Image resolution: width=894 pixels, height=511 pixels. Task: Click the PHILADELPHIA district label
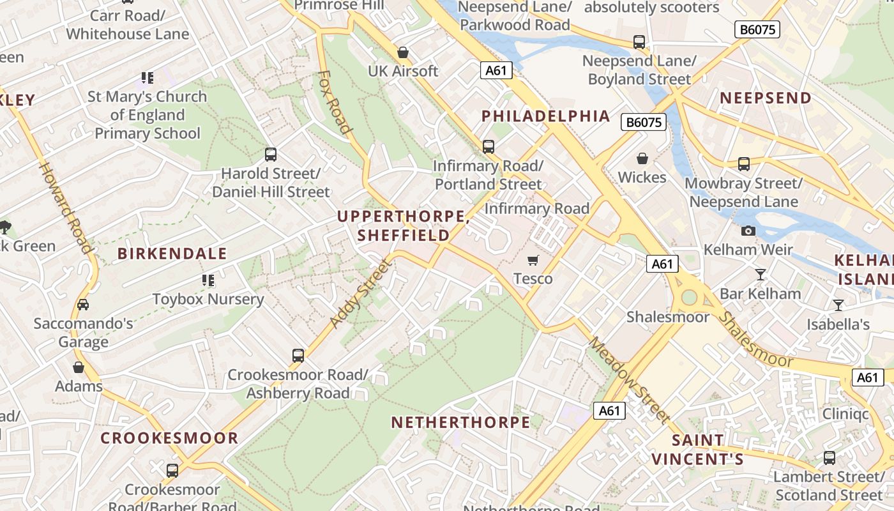pyautogui.click(x=545, y=116)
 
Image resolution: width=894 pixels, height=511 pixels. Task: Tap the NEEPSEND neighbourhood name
pyautogui.click(x=766, y=98)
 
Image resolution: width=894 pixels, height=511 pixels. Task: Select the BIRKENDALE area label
pyautogui.click(x=172, y=254)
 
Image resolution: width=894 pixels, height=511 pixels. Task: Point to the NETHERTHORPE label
pyautogui.click(x=460, y=422)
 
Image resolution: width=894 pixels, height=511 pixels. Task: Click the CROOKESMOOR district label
pyautogui.click(x=169, y=438)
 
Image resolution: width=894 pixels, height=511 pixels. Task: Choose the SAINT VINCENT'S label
pyautogui.click(x=697, y=450)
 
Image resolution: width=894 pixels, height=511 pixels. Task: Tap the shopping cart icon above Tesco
pyautogui.click(x=533, y=260)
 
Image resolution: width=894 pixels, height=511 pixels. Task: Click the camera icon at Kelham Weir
pyautogui.click(x=748, y=231)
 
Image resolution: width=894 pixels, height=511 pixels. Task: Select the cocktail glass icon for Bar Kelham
pyautogui.click(x=760, y=275)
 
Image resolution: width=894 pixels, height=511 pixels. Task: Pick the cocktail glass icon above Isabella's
pyautogui.click(x=838, y=305)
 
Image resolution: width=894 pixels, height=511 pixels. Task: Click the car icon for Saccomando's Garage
pyautogui.click(x=83, y=305)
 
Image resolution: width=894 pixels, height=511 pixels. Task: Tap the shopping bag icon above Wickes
pyautogui.click(x=642, y=158)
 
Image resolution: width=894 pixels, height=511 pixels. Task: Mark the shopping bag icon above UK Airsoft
pyautogui.click(x=402, y=52)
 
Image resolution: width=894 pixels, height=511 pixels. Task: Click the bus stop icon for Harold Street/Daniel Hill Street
pyautogui.click(x=271, y=154)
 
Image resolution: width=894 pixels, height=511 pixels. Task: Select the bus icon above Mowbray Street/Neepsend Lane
pyautogui.click(x=743, y=164)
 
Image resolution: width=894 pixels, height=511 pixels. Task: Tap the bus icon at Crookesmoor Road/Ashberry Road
pyautogui.click(x=298, y=355)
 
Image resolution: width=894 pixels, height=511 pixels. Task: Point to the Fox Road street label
pyautogui.click(x=335, y=102)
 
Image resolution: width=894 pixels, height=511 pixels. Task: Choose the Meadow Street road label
pyautogui.click(x=629, y=380)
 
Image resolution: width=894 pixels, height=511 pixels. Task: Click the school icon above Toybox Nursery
pyautogui.click(x=208, y=280)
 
